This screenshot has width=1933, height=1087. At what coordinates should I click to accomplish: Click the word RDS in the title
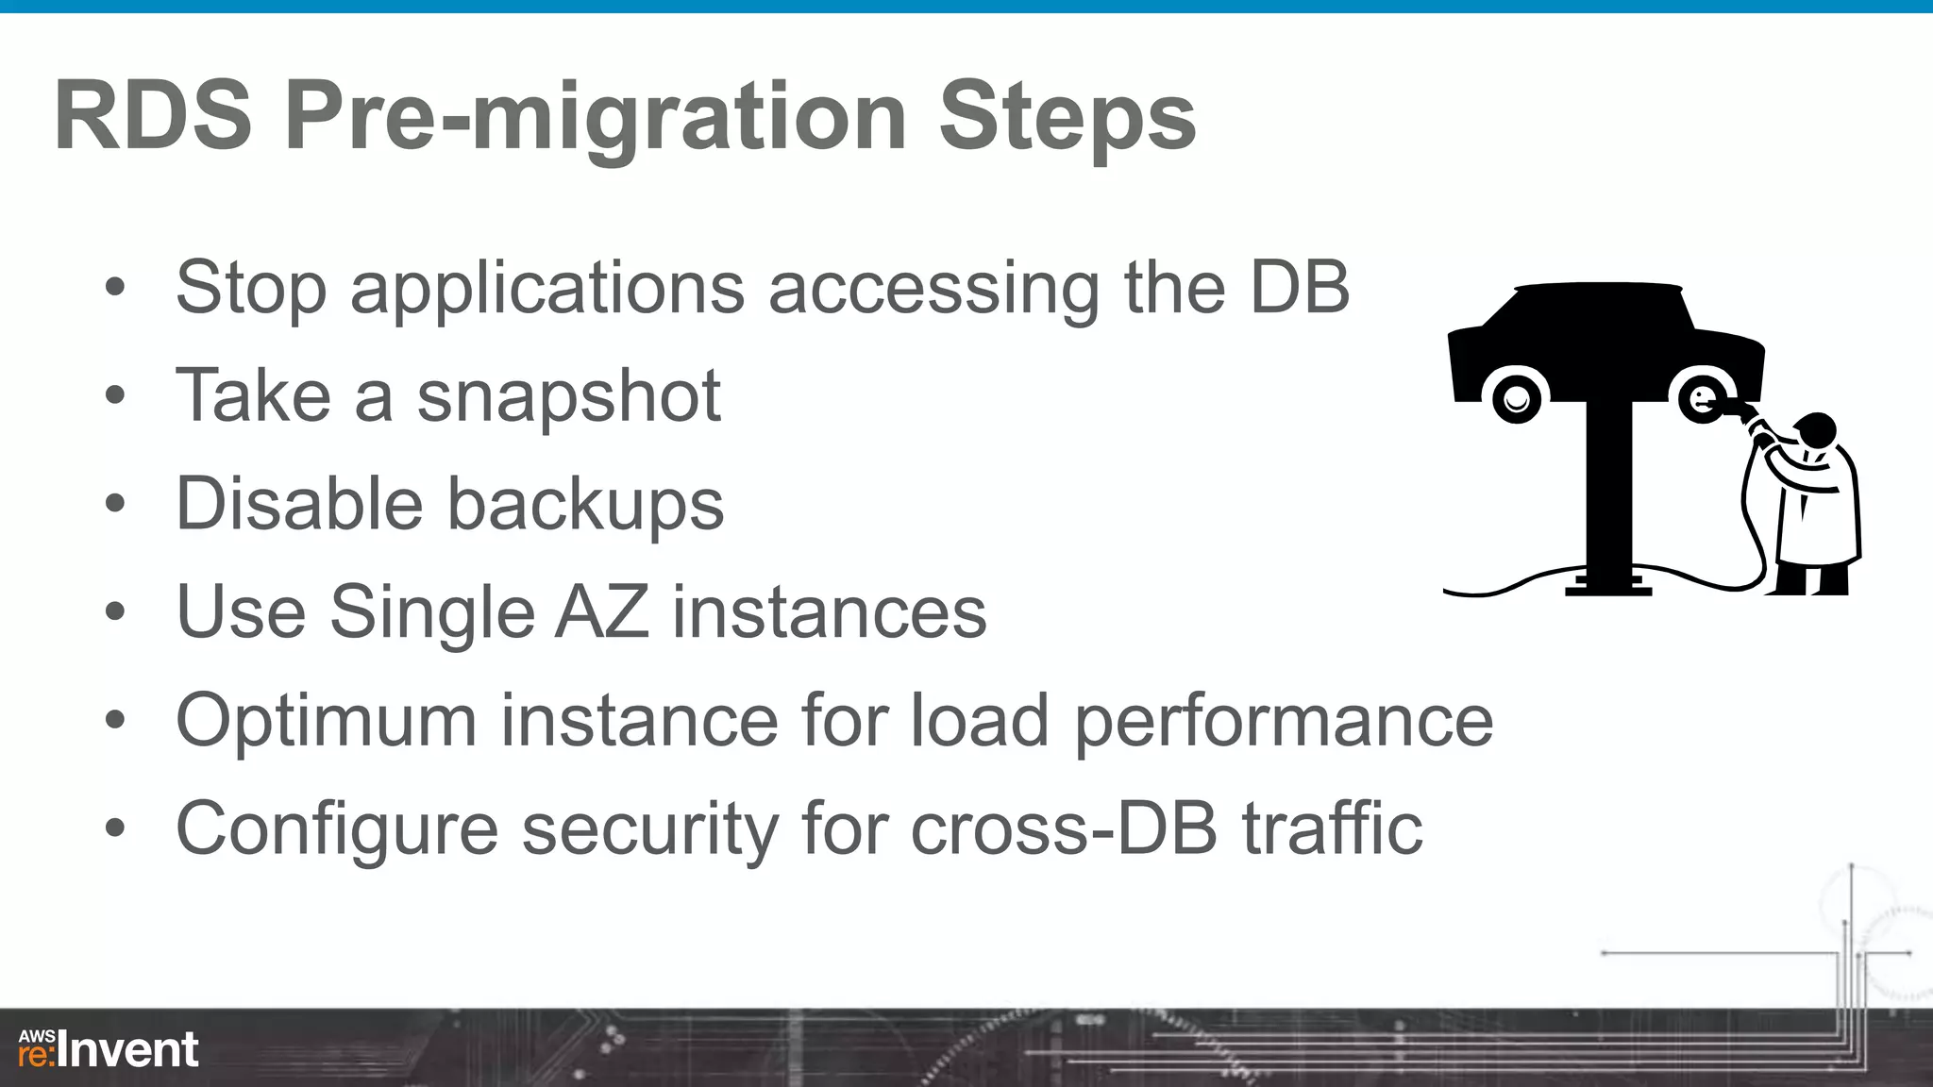(x=154, y=116)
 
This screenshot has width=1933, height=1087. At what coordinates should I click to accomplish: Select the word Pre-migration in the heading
(x=596, y=118)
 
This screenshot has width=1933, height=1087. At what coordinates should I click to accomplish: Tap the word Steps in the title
(x=1067, y=118)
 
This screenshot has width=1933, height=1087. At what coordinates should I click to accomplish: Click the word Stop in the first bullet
(x=251, y=288)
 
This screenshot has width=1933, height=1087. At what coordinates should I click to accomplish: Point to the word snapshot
(x=569, y=396)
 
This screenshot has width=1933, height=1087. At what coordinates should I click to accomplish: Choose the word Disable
(x=299, y=504)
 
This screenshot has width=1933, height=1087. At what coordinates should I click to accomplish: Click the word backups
(x=585, y=505)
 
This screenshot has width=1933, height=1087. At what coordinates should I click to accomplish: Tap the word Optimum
(x=327, y=721)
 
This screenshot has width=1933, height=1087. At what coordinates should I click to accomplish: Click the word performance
(x=1284, y=723)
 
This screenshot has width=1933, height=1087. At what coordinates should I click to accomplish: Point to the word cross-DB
(x=1064, y=829)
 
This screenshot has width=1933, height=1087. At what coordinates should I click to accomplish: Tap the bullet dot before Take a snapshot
(x=115, y=395)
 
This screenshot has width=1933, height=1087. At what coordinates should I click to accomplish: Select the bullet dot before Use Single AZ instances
(x=115, y=611)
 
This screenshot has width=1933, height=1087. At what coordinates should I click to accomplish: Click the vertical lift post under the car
(x=1607, y=491)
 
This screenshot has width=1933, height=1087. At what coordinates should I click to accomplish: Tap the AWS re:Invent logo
(x=109, y=1048)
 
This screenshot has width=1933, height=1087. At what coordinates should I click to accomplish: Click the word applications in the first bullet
(x=547, y=288)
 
